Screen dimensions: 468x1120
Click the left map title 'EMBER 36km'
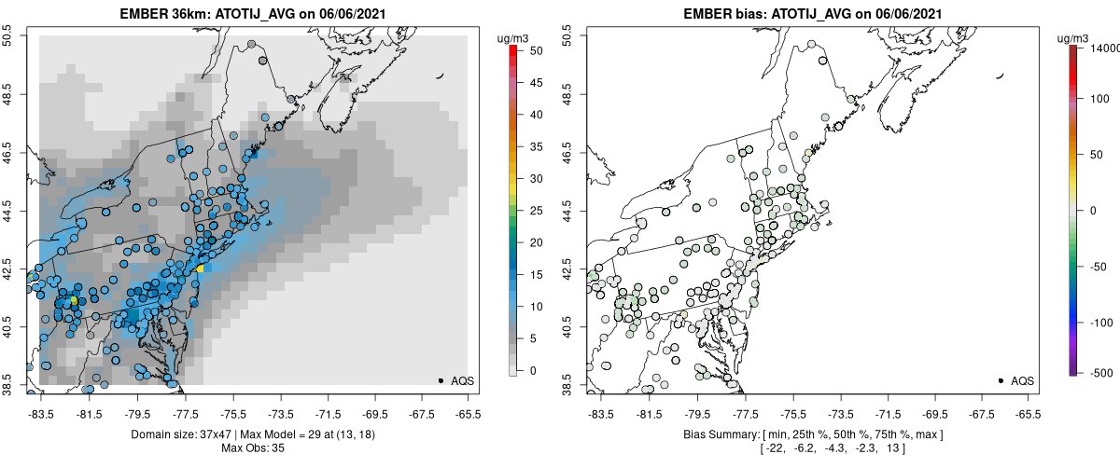(x=161, y=14)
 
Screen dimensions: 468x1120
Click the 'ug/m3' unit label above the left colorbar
(x=514, y=37)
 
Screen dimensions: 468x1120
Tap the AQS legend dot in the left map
(x=441, y=380)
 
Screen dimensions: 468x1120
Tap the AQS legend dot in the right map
(x=1001, y=380)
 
